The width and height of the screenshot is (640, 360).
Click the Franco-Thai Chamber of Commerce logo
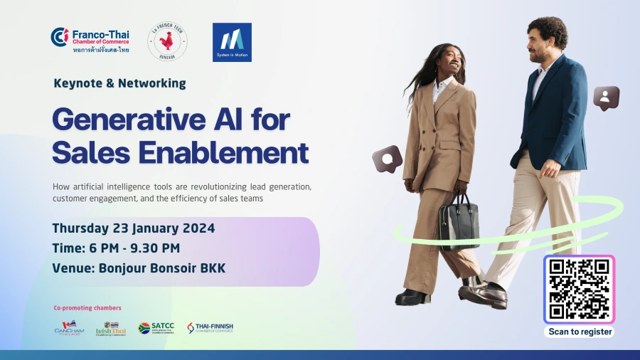click(x=89, y=41)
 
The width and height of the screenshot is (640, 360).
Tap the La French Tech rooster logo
click(x=168, y=42)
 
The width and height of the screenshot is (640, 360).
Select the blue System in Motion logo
click(x=232, y=42)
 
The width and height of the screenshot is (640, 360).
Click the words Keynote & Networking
click(x=119, y=83)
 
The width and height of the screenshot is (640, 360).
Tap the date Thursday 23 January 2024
click(x=134, y=228)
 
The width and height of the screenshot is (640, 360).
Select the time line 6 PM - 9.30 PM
click(x=116, y=248)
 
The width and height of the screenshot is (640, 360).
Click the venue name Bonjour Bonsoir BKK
click(x=155, y=268)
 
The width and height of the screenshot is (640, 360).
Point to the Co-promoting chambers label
click(x=87, y=308)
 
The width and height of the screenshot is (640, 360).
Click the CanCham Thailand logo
click(x=69, y=328)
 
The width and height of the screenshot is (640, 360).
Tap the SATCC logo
click(x=155, y=328)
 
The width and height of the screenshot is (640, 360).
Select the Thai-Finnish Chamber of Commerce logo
click(x=210, y=328)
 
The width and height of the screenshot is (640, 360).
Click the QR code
click(x=580, y=289)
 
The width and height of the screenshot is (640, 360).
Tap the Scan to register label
click(x=580, y=332)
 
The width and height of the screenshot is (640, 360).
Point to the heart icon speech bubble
click(x=388, y=159)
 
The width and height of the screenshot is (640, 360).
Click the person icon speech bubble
click(x=606, y=97)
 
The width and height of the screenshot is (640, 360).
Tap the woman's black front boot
click(x=413, y=296)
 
